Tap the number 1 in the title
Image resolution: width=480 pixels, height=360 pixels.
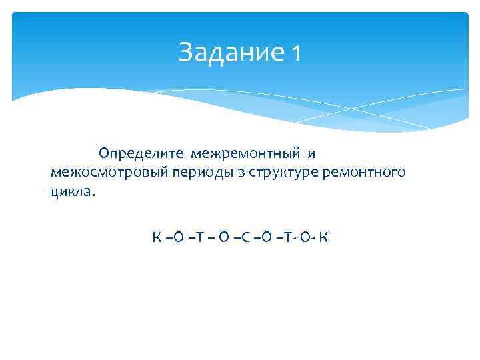click(x=295, y=53)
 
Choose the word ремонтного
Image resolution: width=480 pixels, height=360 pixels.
click(x=363, y=173)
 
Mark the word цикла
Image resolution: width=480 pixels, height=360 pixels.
click(x=73, y=191)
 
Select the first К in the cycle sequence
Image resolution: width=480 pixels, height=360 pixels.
click(x=156, y=237)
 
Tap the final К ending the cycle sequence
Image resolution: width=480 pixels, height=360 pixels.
click(x=323, y=237)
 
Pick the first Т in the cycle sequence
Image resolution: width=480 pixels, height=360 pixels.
click(x=193, y=237)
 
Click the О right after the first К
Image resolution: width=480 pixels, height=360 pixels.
click(x=175, y=237)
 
